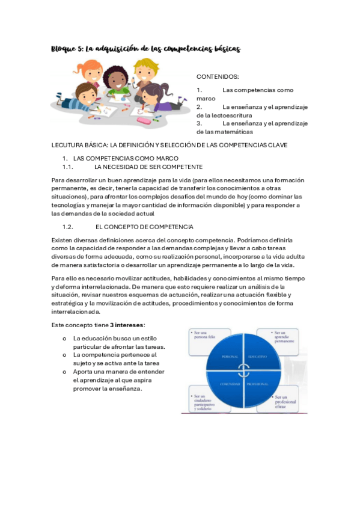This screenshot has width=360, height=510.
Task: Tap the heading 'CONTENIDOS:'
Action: (217, 77)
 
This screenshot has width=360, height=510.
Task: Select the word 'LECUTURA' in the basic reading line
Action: (68, 145)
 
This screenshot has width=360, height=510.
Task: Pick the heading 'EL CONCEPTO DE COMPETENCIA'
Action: (144, 227)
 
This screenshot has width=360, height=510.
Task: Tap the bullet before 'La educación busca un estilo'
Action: (64, 339)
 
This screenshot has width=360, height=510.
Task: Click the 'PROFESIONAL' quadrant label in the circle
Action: (260, 384)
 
